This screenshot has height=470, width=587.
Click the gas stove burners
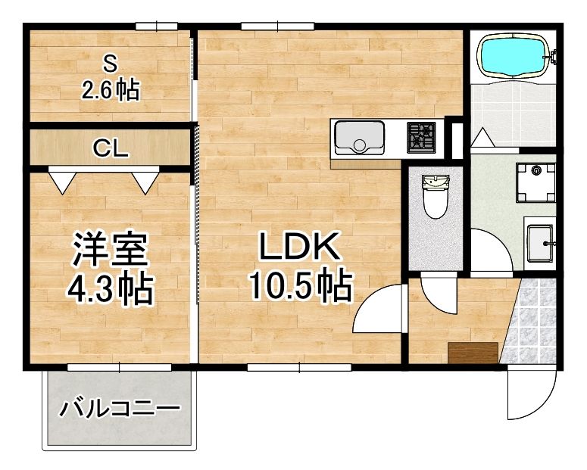click(x=422, y=137)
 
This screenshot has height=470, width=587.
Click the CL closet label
click(x=111, y=149)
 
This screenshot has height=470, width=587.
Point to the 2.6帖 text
click(x=111, y=91)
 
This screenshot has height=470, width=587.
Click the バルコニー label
click(x=121, y=410)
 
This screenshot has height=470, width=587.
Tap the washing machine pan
click(x=536, y=182)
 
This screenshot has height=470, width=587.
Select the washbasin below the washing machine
click(x=540, y=241)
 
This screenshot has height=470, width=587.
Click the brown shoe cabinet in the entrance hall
click(x=472, y=352)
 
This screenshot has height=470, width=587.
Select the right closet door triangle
click(x=145, y=180)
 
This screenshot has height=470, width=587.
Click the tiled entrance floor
click(x=532, y=322)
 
